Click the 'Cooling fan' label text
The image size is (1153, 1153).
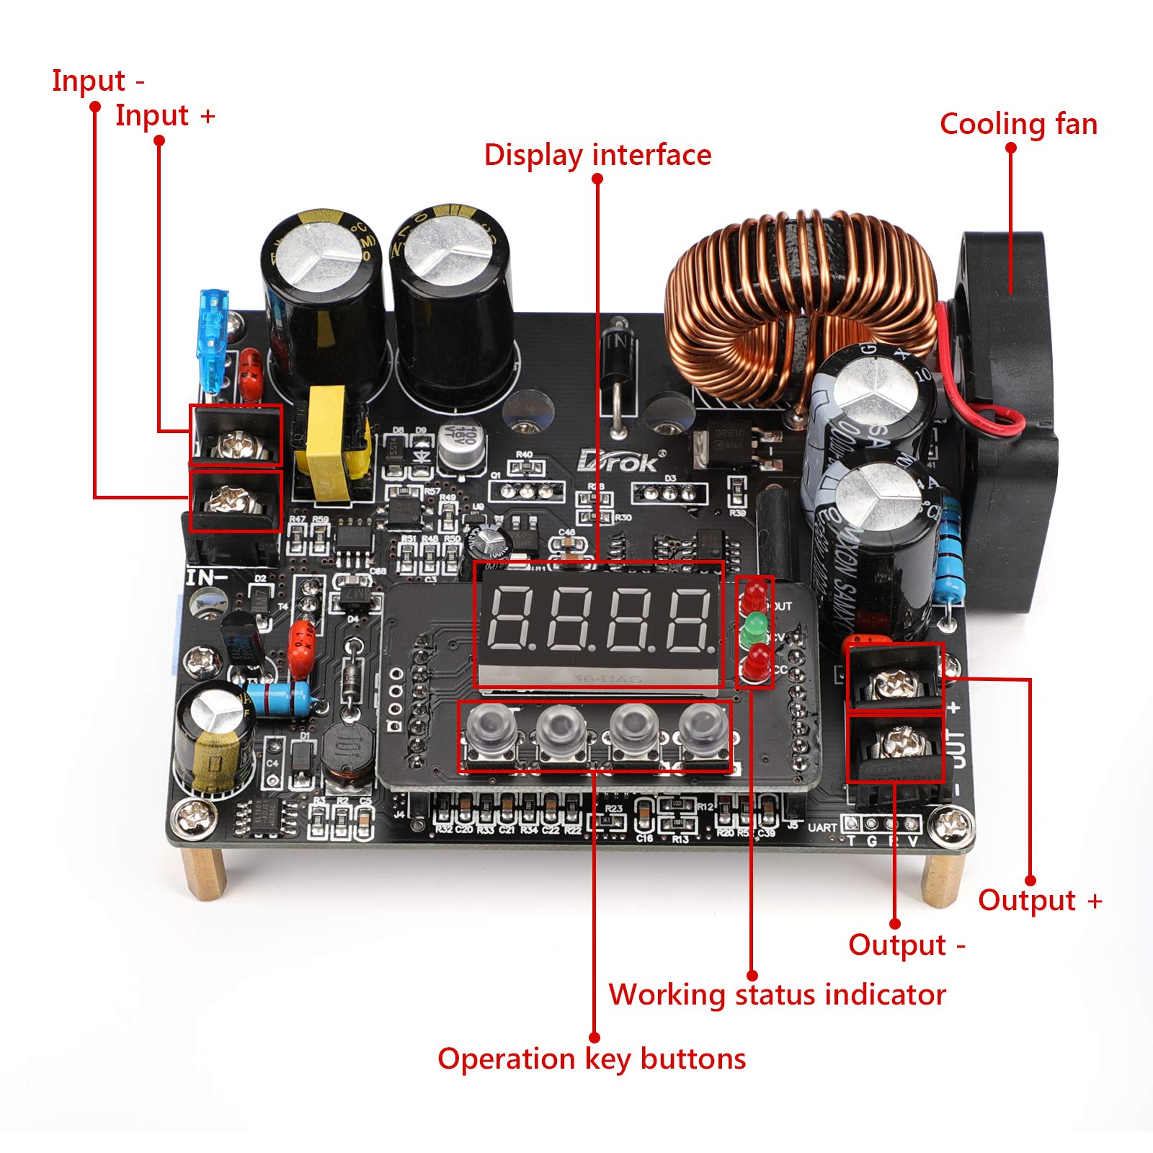click(x=1018, y=125)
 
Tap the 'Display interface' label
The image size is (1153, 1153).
click(x=597, y=156)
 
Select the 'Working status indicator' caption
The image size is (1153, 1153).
click(x=777, y=995)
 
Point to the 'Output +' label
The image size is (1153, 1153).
click(x=1039, y=901)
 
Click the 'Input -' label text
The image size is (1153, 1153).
click(x=98, y=81)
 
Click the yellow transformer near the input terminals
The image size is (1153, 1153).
click(x=328, y=447)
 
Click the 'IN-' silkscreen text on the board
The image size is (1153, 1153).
click(x=207, y=577)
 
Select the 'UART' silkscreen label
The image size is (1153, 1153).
click(x=822, y=827)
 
